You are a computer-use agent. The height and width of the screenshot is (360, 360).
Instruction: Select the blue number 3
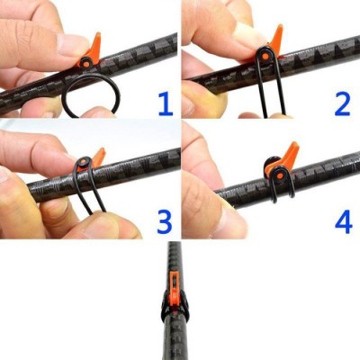tap(163, 220)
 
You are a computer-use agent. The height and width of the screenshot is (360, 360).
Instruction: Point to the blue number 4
tap(343, 220)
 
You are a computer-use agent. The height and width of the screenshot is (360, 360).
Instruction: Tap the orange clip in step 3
tap(96, 157)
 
